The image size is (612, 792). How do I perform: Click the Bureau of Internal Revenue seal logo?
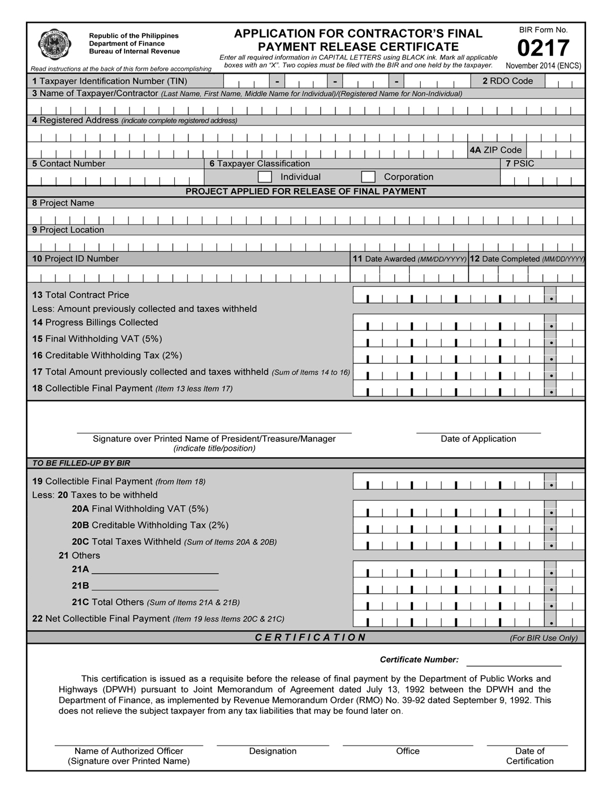coord(54,44)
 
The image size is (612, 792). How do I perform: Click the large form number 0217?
coord(543,49)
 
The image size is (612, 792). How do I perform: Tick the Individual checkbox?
coord(265,177)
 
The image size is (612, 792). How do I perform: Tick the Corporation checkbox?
coord(368,177)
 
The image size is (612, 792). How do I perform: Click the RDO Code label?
coord(507,81)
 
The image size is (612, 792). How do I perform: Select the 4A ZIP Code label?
coord(495,150)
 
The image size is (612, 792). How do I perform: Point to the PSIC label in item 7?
coord(520,163)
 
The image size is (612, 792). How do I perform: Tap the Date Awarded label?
coord(410,259)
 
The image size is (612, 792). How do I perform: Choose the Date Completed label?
coord(527,259)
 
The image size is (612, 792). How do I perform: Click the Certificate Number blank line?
coord(514,662)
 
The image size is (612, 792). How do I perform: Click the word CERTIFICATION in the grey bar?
coord(311,638)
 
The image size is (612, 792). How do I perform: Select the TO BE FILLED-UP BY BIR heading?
coord(81,463)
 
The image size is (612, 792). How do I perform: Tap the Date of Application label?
coord(479,438)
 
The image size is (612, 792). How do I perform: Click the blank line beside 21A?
coord(155,570)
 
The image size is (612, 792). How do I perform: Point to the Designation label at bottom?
coord(273,751)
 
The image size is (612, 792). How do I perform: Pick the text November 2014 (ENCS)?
coord(543,66)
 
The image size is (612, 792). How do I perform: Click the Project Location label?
coord(68,230)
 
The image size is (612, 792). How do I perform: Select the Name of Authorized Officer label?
coord(129,751)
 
